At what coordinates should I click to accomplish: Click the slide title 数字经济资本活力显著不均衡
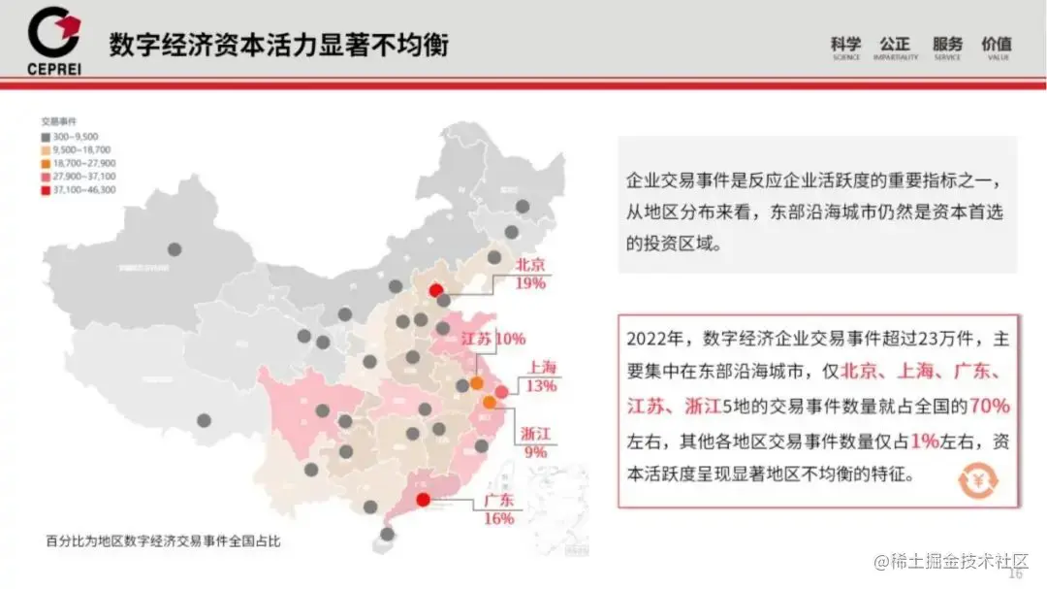click(x=278, y=45)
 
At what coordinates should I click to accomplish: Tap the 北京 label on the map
click(x=530, y=264)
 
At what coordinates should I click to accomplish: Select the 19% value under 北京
click(x=530, y=282)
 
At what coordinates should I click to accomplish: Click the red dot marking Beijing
click(x=436, y=289)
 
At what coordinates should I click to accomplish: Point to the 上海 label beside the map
click(x=543, y=367)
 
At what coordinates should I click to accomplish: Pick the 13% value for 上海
click(x=542, y=385)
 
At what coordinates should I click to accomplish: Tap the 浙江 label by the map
click(x=535, y=433)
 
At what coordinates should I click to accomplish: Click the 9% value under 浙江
click(x=535, y=451)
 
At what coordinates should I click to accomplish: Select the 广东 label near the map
click(x=498, y=501)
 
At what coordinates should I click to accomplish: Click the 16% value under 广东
click(x=498, y=519)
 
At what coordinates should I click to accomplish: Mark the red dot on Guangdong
click(x=423, y=500)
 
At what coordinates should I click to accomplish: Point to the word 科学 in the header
click(x=845, y=44)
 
